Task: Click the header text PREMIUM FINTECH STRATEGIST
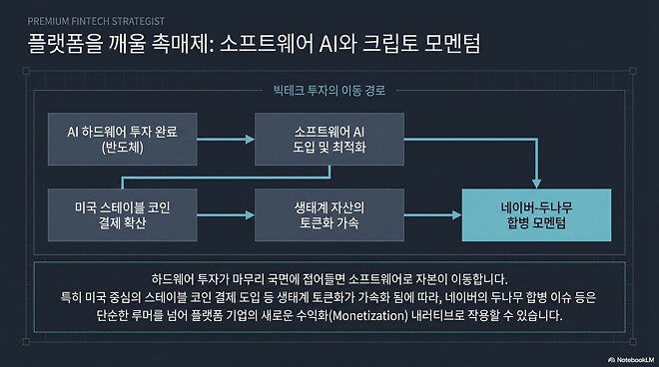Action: pos(97,19)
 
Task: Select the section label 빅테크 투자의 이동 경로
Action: pos(329,90)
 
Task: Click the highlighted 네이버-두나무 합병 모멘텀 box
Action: pos(536,214)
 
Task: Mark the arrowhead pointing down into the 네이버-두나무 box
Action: pos(536,179)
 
